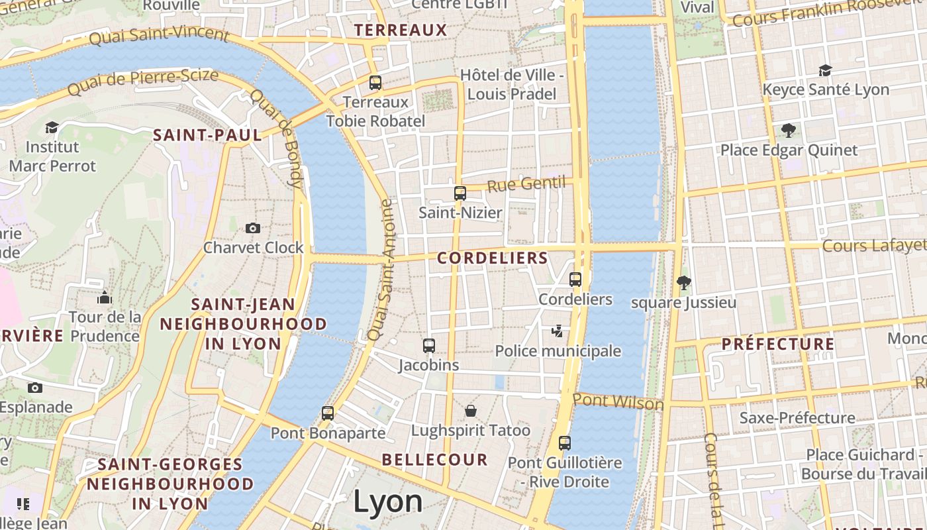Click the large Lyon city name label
pos(387,502)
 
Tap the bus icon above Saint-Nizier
pos(460,193)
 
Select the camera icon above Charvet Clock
pos(252,228)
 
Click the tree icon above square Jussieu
pos(684,284)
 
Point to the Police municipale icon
pos(558,331)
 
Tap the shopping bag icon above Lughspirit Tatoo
pos(470,411)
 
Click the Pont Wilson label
pos(618,401)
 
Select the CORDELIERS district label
pos(493,258)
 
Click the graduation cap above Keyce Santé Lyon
pos(824,70)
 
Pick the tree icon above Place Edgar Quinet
pos(788,130)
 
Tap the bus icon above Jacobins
pos(428,345)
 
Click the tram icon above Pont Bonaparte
pos(327,413)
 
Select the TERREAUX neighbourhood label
pos(401,30)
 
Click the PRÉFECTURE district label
pos(777,344)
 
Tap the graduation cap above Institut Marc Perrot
pos(52,127)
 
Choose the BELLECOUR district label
pos(434,460)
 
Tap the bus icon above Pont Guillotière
pos(564,443)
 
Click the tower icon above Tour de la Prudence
pos(104,297)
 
